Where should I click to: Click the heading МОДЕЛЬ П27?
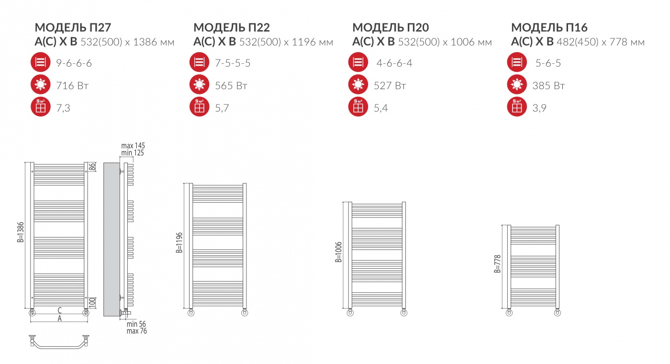coord(73,28)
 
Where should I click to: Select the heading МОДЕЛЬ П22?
coord(232,28)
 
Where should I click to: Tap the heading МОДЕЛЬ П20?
coord(391,28)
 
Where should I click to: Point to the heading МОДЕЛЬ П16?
coord(549,28)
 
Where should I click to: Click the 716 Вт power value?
coord(72,86)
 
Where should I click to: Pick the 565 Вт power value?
coord(231,86)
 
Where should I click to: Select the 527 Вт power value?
coord(390,86)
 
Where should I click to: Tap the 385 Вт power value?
coord(548,86)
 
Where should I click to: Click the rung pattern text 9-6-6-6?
coord(74,63)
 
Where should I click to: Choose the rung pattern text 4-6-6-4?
coord(394,63)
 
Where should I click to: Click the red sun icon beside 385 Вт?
coord(517,85)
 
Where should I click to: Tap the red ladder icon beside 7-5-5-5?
coord(199,62)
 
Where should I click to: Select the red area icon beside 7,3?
coord(40,107)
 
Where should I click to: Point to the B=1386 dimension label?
coord(20,232)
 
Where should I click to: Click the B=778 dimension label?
coord(497,264)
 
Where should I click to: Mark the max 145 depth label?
coord(133,146)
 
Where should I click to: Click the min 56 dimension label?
coord(136,324)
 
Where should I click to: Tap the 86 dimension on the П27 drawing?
coord(92,167)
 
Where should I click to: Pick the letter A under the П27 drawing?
coord(59,318)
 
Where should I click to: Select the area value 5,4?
coord(381,108)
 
